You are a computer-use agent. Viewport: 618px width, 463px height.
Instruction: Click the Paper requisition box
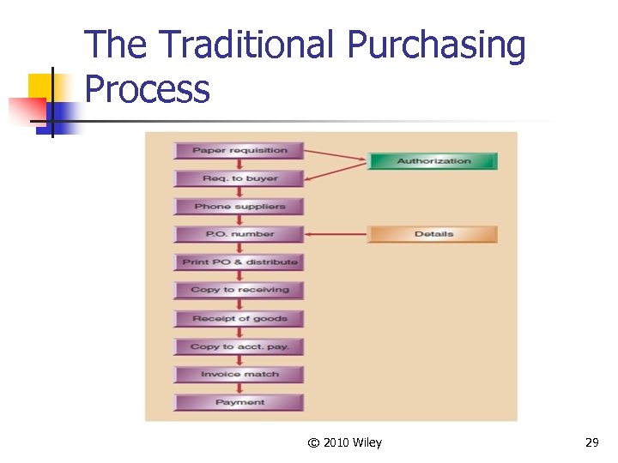pyautogui.click(x=239, y=151)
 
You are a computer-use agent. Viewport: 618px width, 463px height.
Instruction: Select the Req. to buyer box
pyautogui.click(x=239, y=178)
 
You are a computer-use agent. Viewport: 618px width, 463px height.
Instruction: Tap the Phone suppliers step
pyautogui.click(x=239, y=207)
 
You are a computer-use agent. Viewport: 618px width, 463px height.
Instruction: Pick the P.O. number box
pyautogui.click(x=239, y=234)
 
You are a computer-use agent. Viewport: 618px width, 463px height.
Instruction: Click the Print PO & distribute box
pyautogui.click(x=239, y=262)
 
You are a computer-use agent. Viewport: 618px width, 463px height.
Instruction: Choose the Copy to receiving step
pyautogui.click(x=239, y=290)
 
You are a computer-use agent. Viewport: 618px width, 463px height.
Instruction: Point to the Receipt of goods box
pyautogui.click(x=239, y=318)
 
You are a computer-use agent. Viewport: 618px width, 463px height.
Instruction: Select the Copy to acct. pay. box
pyautogui.click(x=239, y=346)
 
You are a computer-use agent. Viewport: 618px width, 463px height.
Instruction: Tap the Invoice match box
pyautogui.click(x=239, y=374)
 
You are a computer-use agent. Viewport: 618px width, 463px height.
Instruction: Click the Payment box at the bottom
pyautogui.click(x=239, y=402)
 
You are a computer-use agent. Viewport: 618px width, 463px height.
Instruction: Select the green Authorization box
pyautogui.click(x=433, y=161)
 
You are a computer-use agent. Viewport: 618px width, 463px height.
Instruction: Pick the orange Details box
pyautogui.click(x=433, y=234)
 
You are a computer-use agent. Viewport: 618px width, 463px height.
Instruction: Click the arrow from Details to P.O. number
pyautogui.click(x=336, y=234)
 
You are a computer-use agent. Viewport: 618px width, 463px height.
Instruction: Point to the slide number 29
pyautogui.click(x=591, y=442)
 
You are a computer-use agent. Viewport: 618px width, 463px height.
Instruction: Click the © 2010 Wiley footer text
pyautogui.click(x=344, y=442)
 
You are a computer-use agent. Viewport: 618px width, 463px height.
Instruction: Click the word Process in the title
pyautogui.click(x=148, y=88)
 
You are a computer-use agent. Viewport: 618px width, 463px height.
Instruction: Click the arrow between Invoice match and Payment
pyautogui.click(x=239, y=388)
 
